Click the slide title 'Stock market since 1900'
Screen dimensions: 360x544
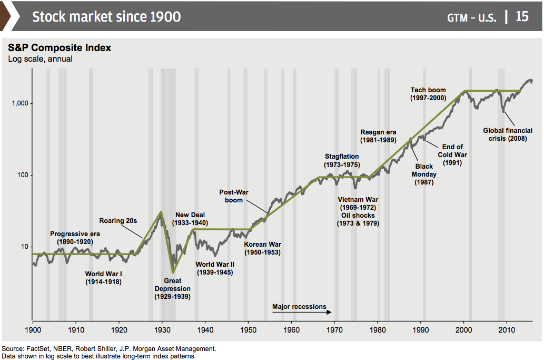click(x=106, y=16)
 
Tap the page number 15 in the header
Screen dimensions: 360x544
click(x=522, y=16)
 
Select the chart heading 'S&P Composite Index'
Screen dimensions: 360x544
click(x=60, y=48)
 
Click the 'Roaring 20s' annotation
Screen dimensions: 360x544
click(x=118, y=220)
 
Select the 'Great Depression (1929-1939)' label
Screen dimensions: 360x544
click(x=172, y=289)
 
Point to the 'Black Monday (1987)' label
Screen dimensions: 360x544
click(x=424, y=174)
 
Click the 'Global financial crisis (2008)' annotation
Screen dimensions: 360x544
click(x=508, y=134)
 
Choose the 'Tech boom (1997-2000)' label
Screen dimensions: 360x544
click(x=428, y=94)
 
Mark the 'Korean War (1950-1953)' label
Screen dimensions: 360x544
click(x=262, y=248)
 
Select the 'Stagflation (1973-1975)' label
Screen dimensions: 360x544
click(x=342, y=160)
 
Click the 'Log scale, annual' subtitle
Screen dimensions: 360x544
click(x=40, y=59)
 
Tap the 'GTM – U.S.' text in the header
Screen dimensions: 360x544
click(x=471, y=17)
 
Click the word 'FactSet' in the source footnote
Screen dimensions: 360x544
click(x=38, y=349)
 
